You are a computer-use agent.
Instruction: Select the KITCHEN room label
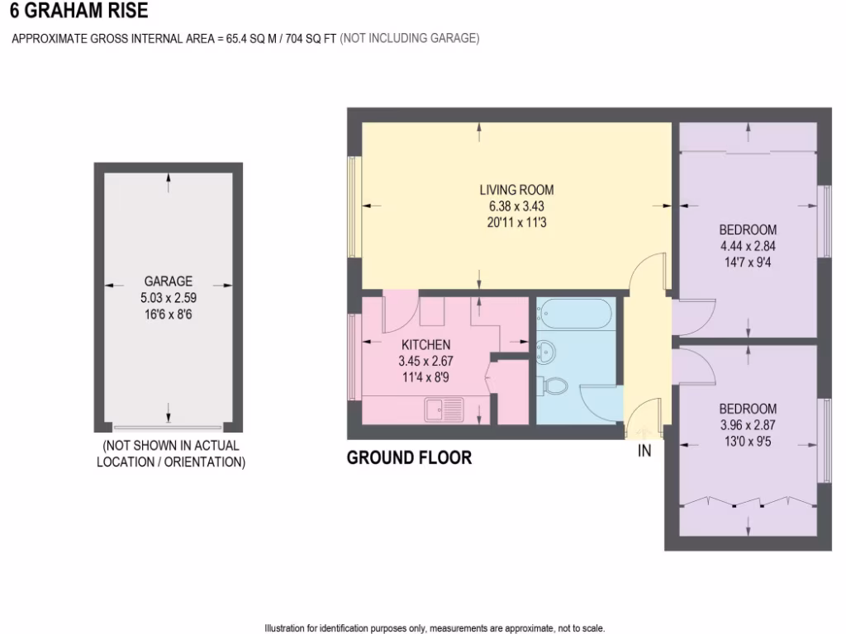point(425,344)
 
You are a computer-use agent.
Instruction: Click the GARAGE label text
point(169,281)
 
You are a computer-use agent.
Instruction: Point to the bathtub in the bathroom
point(575,315)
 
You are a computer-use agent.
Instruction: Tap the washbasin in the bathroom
point(546,350)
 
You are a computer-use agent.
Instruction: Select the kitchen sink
point(446,407)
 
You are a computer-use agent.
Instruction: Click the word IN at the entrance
point(644,451)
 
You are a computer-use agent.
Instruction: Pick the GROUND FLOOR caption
point(409,457)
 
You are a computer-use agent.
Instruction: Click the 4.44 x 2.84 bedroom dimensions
point(747,246)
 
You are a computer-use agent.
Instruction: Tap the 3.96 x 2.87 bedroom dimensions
point(747,424)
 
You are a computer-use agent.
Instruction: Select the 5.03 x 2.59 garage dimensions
point(169,297)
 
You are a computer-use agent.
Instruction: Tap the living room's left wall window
point(353,207)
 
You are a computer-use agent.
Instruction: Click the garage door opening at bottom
point(169,428)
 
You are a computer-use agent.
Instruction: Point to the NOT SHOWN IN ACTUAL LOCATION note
point(171,454)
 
